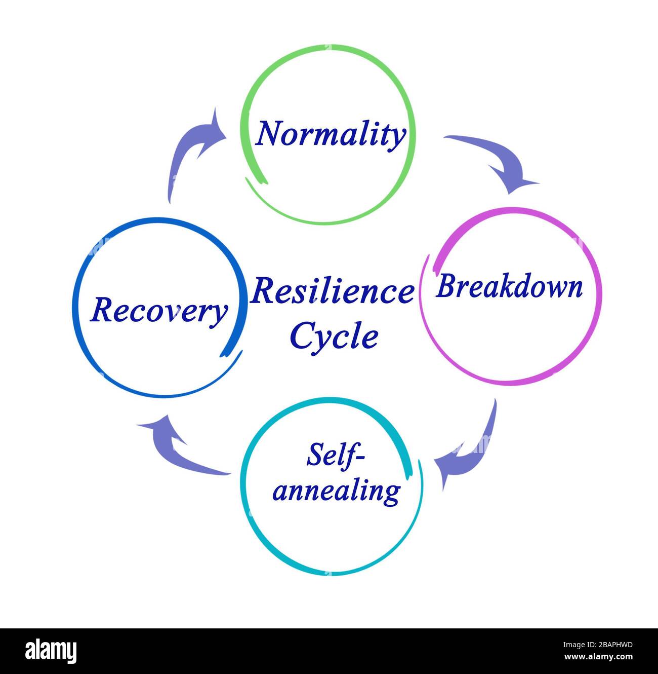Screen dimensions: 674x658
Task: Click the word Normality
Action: click(x=331, y=134)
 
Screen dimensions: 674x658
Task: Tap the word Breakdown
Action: click(x=509, y=287)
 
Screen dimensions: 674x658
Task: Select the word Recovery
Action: click(x=158, y=310)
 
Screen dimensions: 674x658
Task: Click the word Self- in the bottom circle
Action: click(x=335, y=454)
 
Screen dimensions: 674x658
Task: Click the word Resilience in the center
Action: click(x=332, y=292)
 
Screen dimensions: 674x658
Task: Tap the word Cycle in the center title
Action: click(x=334, y=335)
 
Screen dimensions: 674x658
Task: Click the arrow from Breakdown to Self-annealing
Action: click(x=468, y=449)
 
